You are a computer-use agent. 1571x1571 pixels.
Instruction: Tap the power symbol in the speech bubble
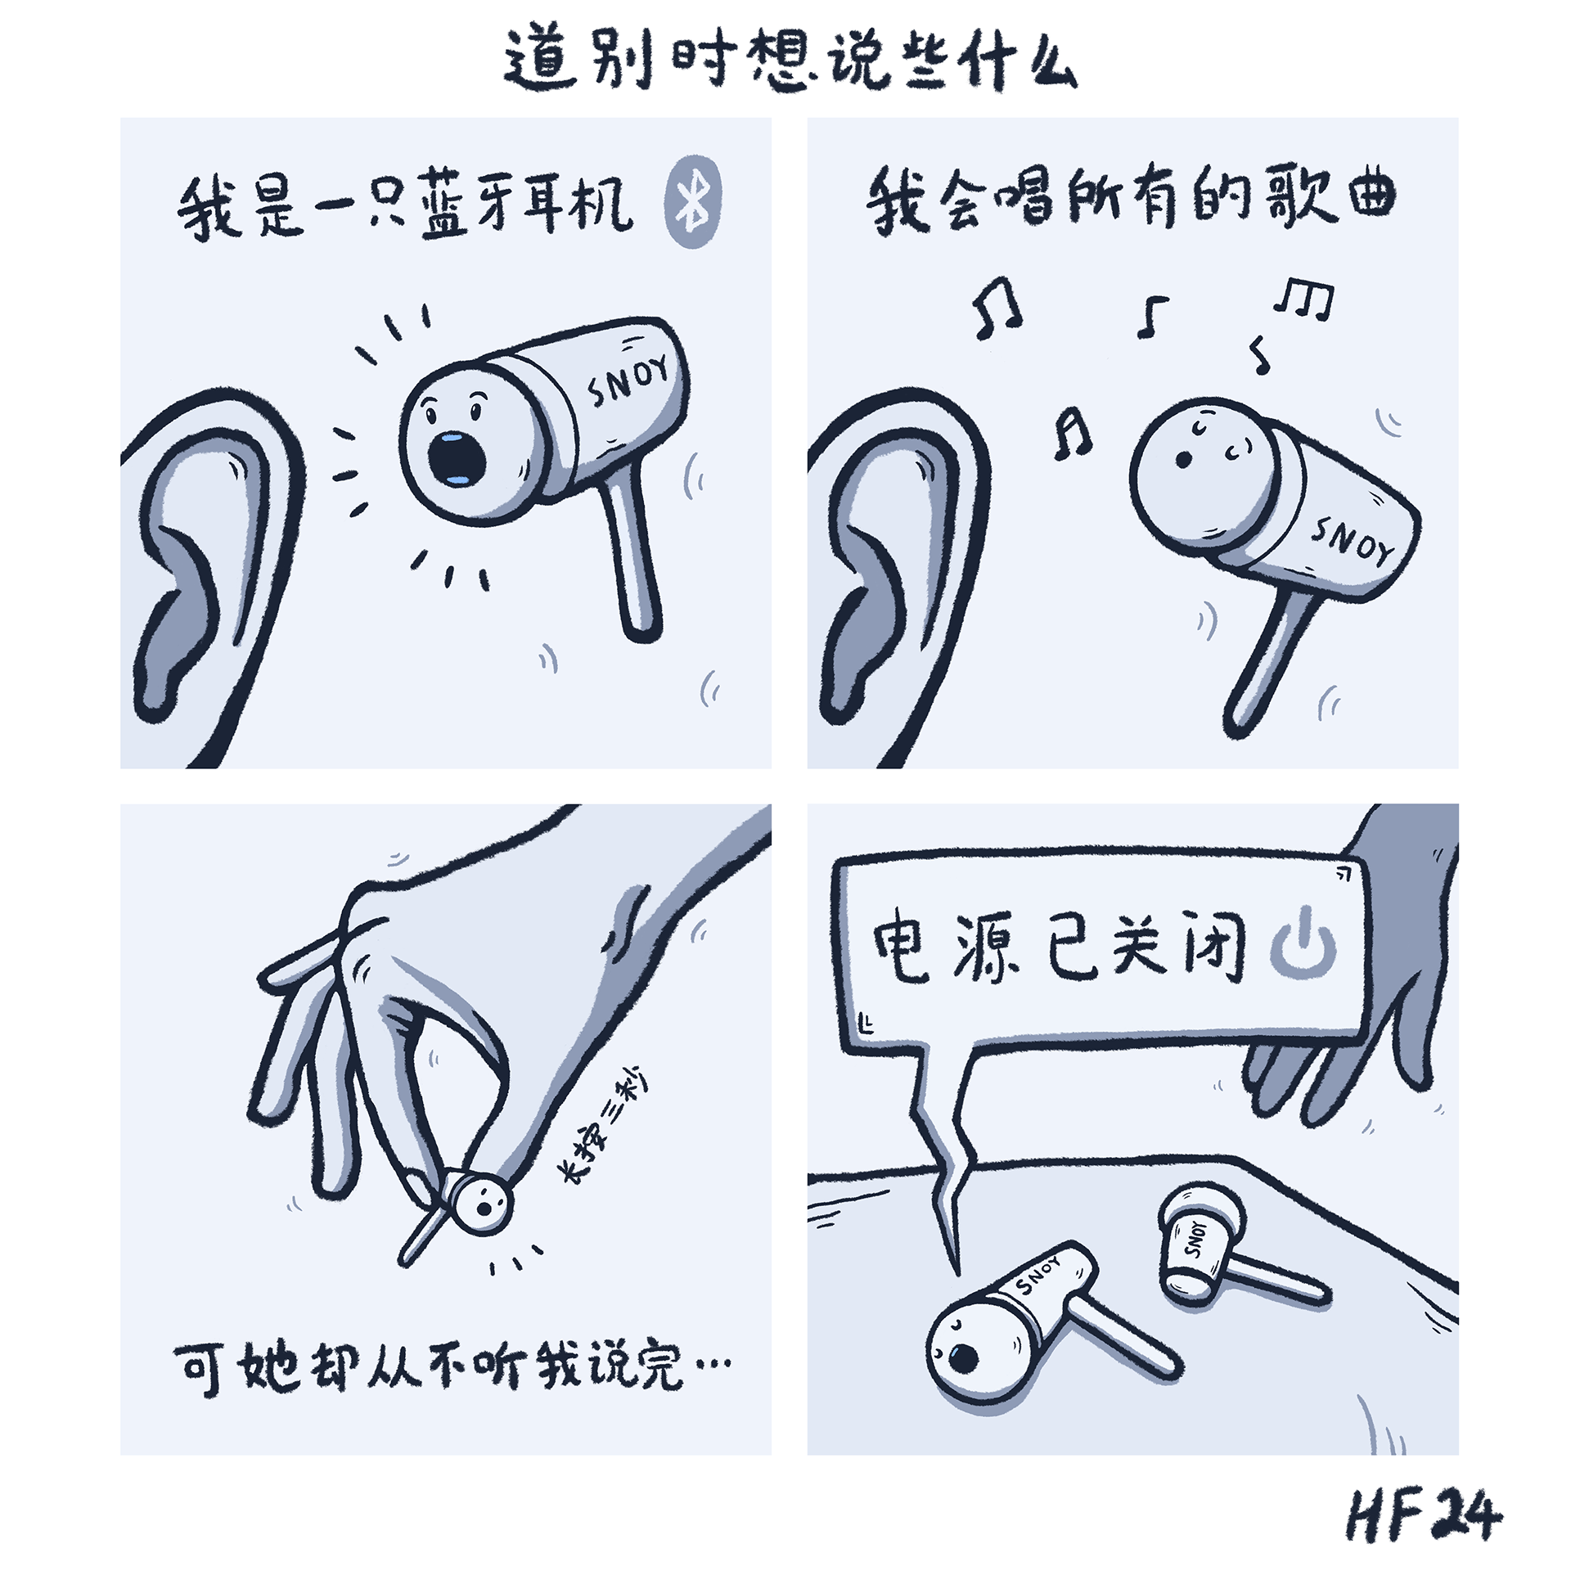(1303, 948)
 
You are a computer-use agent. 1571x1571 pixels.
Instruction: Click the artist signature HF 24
(1424, 1515)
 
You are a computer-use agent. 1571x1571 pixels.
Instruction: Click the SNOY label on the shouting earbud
(628, 383)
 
